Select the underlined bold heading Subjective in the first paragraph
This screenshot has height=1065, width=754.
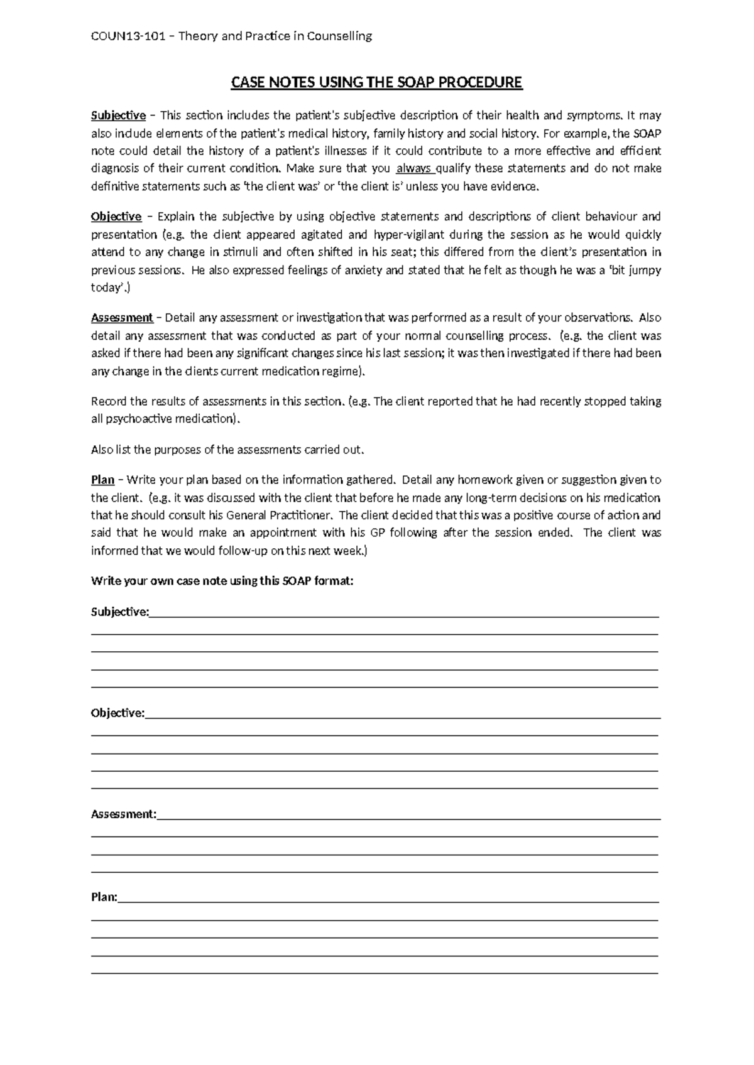click(x=118, y=116)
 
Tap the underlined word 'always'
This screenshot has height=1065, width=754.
click(x=414, y=168)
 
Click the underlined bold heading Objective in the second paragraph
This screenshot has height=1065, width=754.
click(x=116, y=217)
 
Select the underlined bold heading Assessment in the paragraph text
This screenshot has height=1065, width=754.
click(x=122, y=318)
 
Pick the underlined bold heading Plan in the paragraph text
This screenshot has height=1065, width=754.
click(x=102, y=480)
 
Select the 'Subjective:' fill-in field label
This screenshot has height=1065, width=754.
click(x=120, y=612)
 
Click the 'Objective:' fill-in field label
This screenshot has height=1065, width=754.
click(x=117, y=713)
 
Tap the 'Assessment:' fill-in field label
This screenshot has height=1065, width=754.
click(x=123, y=814)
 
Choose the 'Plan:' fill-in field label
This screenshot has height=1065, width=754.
click(x=104, y=897)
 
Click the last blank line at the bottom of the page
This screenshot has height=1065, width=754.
click(x=374, y=973)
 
